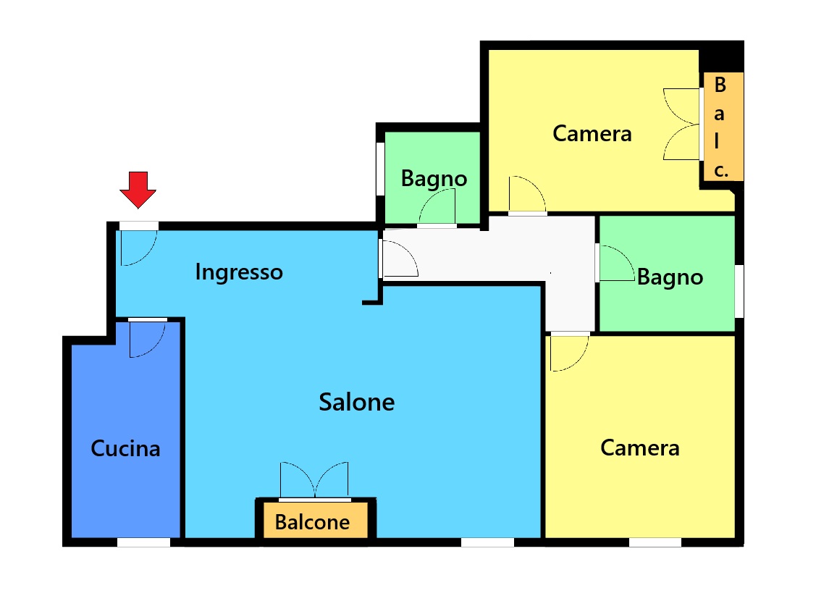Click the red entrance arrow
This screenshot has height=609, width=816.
pos(138,190)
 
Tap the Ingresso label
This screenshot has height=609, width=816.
pos(239,272)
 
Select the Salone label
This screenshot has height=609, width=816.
pos(356,403)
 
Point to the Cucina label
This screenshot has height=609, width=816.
pos(125,449)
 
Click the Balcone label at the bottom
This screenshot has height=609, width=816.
pos(312,522)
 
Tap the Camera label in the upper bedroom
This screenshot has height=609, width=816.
pos(592,134)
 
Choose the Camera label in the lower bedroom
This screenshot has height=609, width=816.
pos(640,448)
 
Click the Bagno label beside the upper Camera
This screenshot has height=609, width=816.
pos(434,179)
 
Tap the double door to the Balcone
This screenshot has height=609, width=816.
pos(314,479)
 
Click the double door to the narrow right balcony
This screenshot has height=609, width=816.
pos(681,124)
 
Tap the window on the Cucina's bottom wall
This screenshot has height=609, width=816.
pos(143,542)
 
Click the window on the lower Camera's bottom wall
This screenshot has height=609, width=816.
pos(655,542)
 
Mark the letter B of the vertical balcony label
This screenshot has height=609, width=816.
pos(720,85)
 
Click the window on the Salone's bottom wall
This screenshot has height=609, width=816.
pos(487,542)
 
